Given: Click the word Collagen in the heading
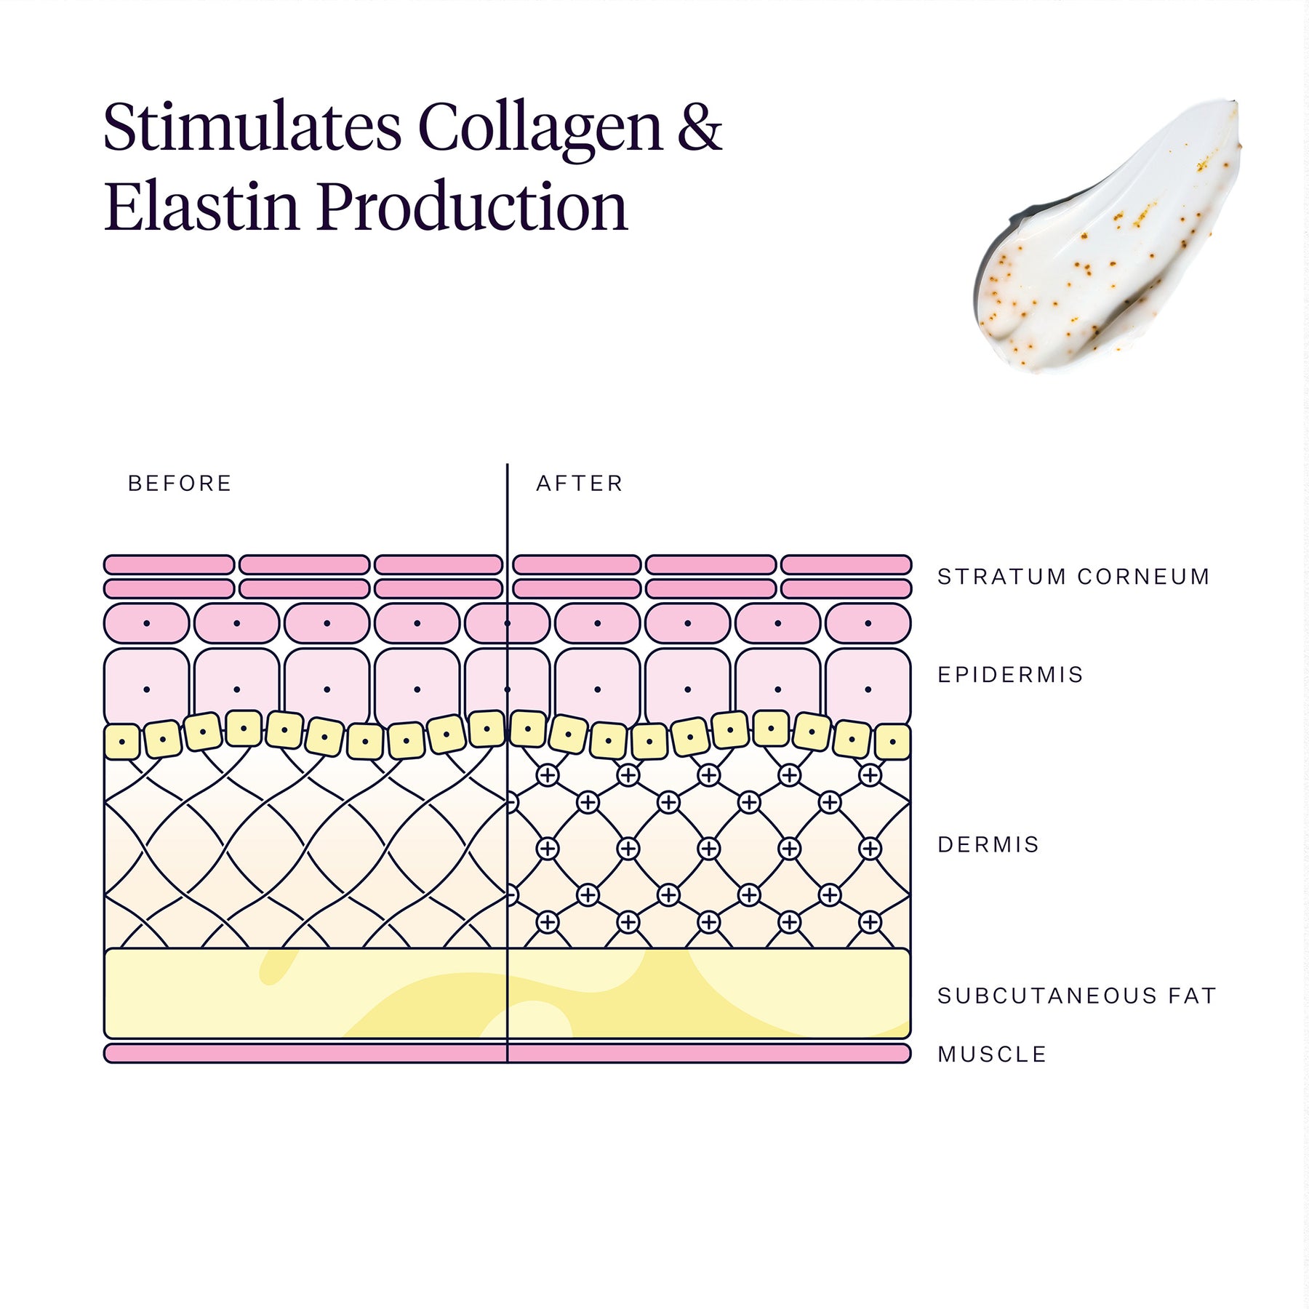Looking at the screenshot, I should click(x=540, y=128).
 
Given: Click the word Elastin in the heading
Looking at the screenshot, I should click(x=201, y=207).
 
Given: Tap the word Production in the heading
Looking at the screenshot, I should click(x=472, y=207).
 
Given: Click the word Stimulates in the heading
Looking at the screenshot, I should click(x=252, y=128).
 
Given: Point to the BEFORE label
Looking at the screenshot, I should click(x=180, y=484).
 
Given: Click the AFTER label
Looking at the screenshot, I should click(x=580, y=484).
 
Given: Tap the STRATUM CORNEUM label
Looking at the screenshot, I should click(x=1073, y=577).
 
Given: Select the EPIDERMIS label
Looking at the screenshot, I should click(x=1010, y=675).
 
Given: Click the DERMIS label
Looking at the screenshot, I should click(x=988, y=844).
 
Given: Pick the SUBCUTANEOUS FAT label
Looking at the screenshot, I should click(x=1076, y=996).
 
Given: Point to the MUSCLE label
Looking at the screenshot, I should click(x=992, y=1054).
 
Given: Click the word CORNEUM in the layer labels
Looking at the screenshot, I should click(x=1143, y=577).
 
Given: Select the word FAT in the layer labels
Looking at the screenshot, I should click(x=1192, y=996).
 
